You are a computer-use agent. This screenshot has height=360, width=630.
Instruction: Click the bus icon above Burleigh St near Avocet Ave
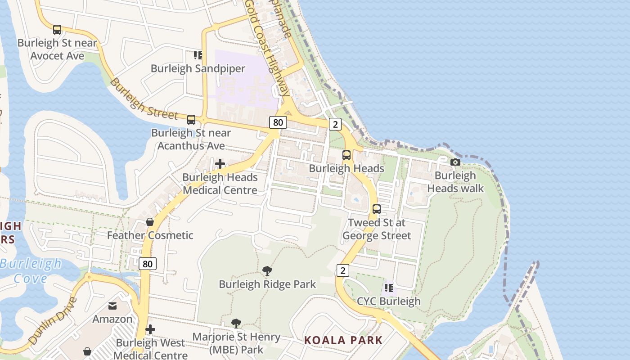57,30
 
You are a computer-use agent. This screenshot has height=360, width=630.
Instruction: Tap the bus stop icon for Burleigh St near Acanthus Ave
191,120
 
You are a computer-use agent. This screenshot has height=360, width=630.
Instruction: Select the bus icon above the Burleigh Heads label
346,155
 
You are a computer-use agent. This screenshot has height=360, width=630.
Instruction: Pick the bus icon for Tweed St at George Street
377,209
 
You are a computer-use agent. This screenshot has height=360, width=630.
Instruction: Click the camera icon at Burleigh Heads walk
455,162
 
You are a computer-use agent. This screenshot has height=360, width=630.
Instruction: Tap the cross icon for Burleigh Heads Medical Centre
220,164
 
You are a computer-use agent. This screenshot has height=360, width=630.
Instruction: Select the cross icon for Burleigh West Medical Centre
150,329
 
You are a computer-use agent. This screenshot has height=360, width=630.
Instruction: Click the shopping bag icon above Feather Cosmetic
150,222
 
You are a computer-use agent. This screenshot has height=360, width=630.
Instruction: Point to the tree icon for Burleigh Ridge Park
267,271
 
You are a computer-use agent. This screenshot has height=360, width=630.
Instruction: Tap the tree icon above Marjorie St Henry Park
236,323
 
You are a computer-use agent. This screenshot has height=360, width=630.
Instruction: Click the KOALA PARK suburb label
343,340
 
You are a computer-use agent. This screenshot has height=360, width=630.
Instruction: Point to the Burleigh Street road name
144,100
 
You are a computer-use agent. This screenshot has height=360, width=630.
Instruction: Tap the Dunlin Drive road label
53,320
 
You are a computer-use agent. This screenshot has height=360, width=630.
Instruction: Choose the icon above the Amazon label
112,306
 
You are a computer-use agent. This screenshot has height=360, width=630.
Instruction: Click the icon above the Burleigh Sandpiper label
198,55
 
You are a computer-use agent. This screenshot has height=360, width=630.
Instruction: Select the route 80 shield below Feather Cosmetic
148,264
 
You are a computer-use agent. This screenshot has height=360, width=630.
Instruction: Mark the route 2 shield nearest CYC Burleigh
343,270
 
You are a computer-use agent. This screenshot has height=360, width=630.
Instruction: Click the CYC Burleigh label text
389,301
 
